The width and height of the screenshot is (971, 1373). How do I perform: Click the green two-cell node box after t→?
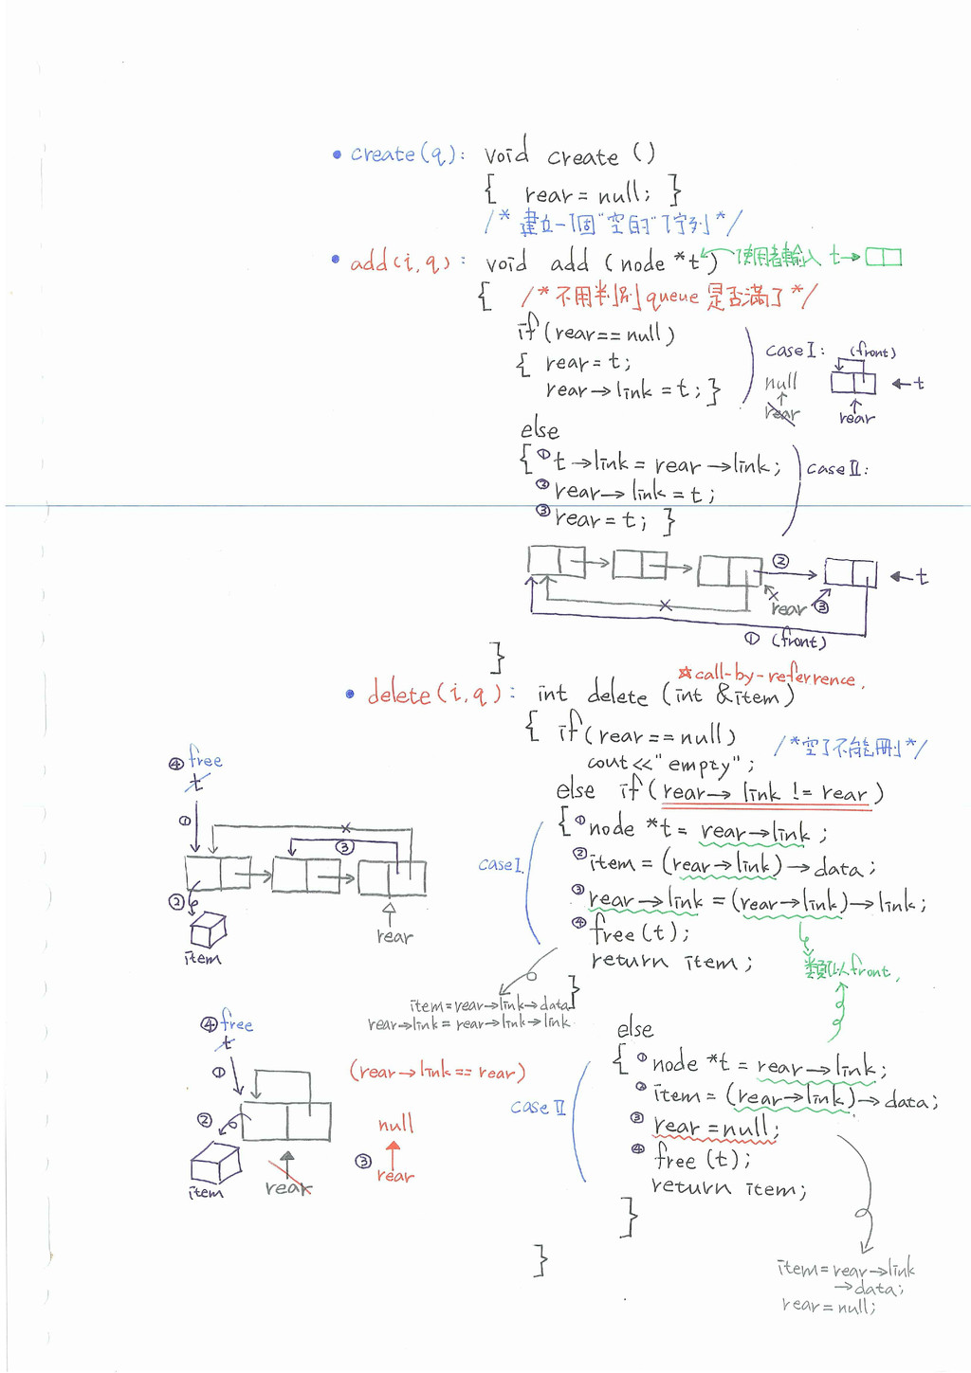click(883, 257)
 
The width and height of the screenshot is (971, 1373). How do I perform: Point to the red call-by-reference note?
click(773, 676)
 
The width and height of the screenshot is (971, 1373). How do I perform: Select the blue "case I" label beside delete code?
click(500, 864)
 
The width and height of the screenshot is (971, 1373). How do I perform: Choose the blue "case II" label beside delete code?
click(538, 1107)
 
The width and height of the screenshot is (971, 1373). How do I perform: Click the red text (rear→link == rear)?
click(437, 1072)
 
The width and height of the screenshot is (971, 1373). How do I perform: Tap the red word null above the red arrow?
click(395, 1125)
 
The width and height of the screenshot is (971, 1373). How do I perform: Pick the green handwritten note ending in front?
click(851, 968)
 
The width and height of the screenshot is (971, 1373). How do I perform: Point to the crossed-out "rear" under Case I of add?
click(782, 413)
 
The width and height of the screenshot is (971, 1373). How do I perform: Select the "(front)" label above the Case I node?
click(872, 352)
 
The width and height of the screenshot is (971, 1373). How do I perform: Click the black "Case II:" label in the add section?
click(836, 468)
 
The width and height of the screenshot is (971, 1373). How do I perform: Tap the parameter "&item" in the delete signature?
click(749, 696)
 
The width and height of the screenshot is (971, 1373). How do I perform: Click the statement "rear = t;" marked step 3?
click(601, 519)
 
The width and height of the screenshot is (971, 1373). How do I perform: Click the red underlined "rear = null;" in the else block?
click(716, 1128)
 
